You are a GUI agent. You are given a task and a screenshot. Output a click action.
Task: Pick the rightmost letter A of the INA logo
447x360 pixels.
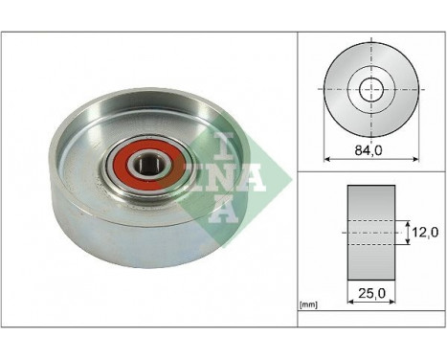pos(244,177)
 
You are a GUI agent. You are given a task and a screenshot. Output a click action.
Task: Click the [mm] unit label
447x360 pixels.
pos(309,305)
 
